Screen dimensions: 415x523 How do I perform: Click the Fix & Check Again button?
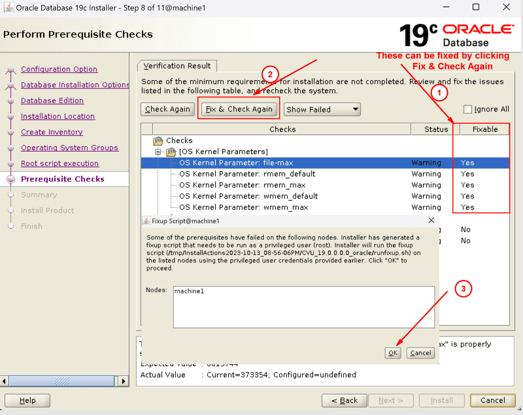pyautogui.click(x=239, y=109)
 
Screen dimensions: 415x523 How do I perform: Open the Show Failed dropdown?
pyautogui.click(x=322, y=110)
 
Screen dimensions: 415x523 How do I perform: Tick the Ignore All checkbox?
pyautogui.click(x=468, y=109)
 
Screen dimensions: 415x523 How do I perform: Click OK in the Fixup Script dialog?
pyautogui.click(x=393, y=353)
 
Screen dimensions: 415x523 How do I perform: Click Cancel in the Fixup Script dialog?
pyautogui.click(x=420, y=353)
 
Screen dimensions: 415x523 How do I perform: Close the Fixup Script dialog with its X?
pyautogui.click(x=431, y=220)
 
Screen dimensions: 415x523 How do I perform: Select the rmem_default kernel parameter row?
pyautogui.click(x=247, y=174)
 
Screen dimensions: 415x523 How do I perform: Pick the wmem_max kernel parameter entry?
pyautogui.click(x=243, y=207)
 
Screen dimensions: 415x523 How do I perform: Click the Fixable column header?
pyautogui.click(x=485, y=129)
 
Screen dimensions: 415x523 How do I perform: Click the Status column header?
pyautogui.click(x=436, y=129)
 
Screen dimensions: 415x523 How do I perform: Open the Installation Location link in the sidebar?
pyautogui.click(x=58, y=116)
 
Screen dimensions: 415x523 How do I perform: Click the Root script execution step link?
pyautogui.click(x=60, y=163)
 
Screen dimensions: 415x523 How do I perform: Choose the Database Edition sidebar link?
pyautogui.click(x=52, y=100)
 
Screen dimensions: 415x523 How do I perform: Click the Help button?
pyautogui.click(x=27, y=400)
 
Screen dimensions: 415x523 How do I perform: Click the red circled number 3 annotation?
pyautogui.click(x=463, y=289)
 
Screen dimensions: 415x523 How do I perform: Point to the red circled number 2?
pyautogui.click(x=270, y=74)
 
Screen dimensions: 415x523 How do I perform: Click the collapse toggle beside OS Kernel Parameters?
pyautogui.click(x=158, y=152)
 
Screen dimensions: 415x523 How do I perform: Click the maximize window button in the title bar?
pyautogui.click(x=476, y=7)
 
